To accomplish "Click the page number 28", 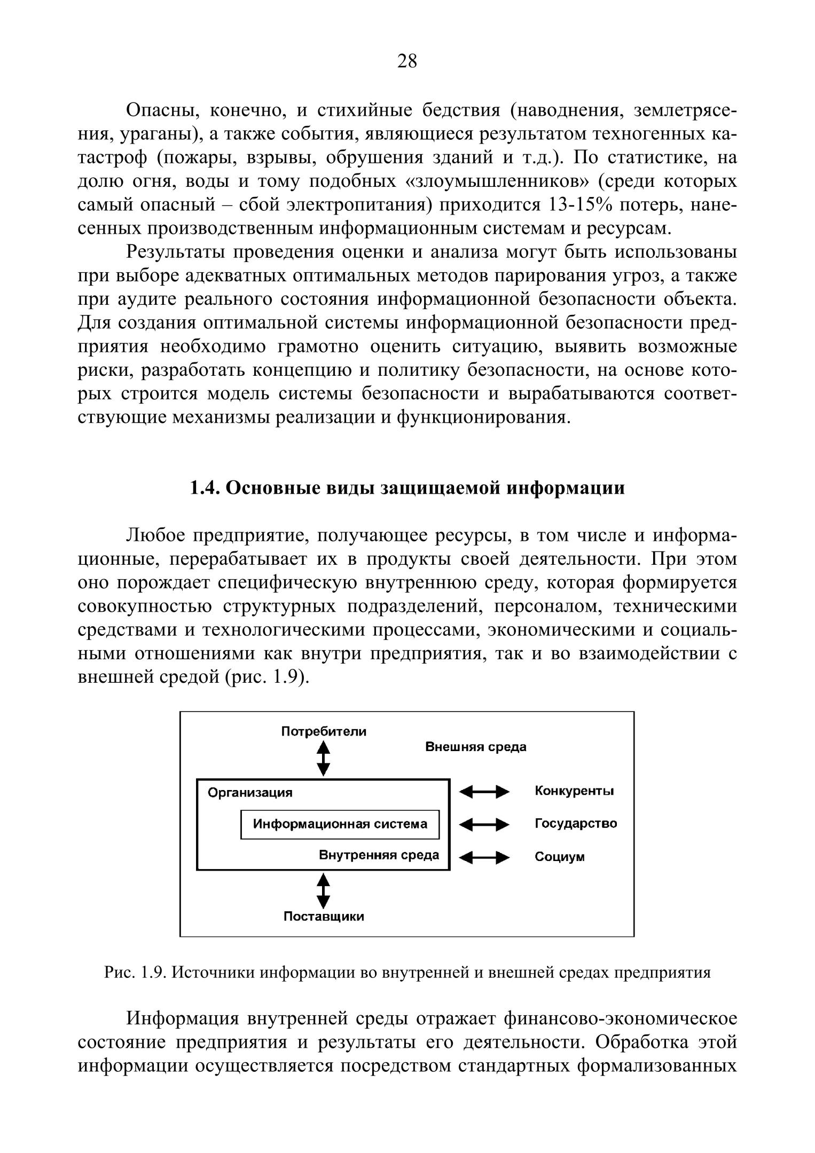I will [407, 61].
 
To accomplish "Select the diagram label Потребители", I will [324, 731].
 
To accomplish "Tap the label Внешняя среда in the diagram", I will [475, 747].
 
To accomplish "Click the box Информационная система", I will [340, 824].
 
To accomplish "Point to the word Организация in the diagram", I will [250, 793].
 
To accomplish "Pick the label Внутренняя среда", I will [379, 855].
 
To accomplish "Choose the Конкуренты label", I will [574, 791].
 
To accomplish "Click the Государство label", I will [576, 824].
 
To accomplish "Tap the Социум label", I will [560, 857].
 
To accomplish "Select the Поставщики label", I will [324, 917].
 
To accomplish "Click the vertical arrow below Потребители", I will [324, 757].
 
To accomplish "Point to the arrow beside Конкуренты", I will [484, 792].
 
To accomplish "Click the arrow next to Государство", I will [484, 825].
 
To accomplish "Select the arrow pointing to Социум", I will [484, 858].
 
